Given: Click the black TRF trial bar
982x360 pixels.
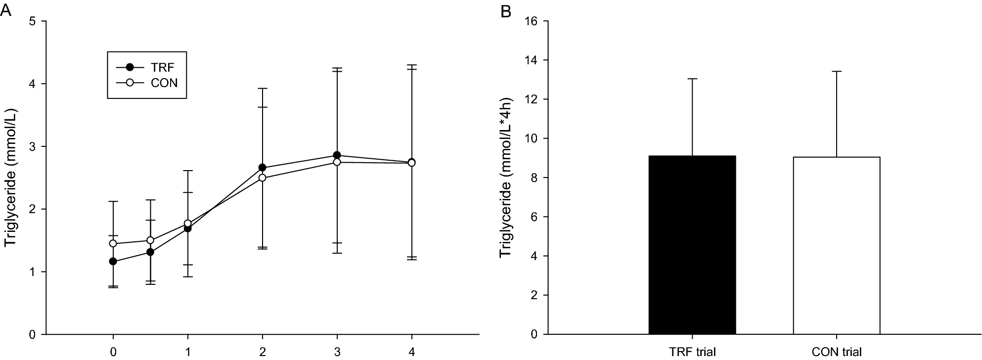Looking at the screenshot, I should [x=692, y=245].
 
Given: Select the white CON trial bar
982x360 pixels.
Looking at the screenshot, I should [x=837, y=245].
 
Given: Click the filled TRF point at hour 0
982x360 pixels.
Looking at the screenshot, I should [x=113, y=261].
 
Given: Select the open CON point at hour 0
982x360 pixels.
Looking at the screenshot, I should [x=113, y=243].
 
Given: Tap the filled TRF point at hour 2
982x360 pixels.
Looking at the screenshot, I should [x=262, y=167].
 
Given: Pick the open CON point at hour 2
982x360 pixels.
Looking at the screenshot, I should [x=262, y=178].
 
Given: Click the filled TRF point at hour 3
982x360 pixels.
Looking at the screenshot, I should [x=337, y=155].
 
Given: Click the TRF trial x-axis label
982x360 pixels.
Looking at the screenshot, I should [x=692, y=352].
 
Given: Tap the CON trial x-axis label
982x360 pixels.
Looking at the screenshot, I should [x=837, y=352].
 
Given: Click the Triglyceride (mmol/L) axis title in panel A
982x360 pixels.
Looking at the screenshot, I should [x=11, y=178].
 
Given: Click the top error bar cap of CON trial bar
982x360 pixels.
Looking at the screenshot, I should [x=837, y=72].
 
